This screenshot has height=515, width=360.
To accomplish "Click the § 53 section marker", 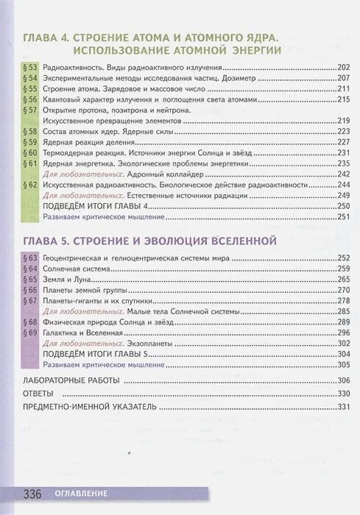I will click(30, 67).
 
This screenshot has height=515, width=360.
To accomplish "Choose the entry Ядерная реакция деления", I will click(86, 142).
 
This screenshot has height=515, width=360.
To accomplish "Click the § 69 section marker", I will click(30, 333).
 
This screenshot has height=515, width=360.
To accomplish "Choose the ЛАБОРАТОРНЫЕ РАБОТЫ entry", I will click(71, 380).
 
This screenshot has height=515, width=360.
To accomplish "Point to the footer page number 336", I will click(35, 492).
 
